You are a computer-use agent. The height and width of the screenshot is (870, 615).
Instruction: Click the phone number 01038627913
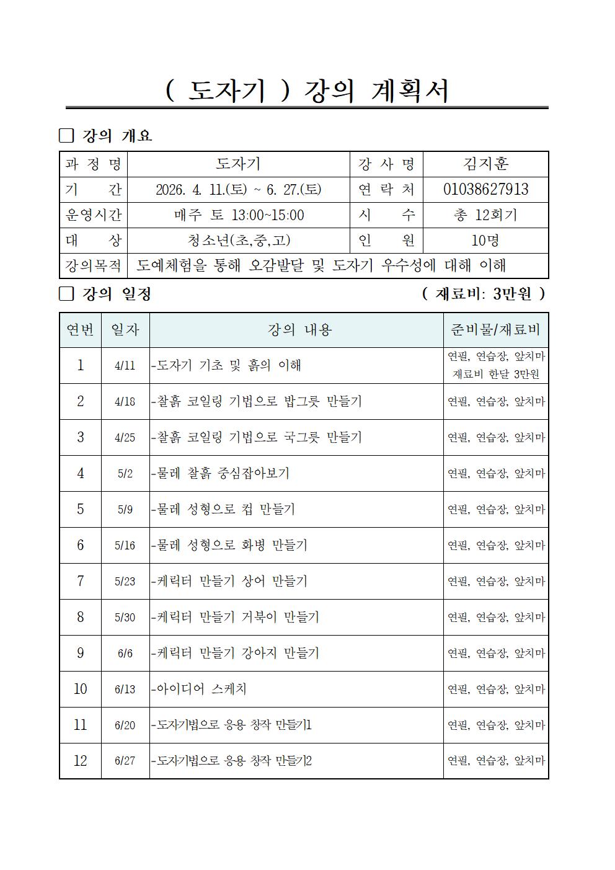(485, 189)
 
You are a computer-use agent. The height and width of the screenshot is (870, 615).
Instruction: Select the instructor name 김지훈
(485, 164)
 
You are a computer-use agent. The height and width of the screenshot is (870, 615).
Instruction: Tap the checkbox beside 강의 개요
(66, 136)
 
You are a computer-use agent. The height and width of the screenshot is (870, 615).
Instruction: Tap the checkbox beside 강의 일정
(66, 293)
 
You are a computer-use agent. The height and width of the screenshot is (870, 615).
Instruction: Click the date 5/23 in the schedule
(125, 582)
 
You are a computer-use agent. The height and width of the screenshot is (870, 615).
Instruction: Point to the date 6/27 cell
(125, 761)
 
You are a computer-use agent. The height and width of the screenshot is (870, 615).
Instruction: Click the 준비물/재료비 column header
(495, 330)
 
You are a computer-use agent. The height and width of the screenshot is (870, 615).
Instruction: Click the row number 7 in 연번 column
(80, 581)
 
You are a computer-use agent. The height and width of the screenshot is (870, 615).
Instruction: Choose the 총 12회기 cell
(485, 215)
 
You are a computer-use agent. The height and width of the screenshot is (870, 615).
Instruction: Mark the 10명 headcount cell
(485, 240)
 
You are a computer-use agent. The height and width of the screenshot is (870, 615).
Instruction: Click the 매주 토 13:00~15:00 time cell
(239, 215)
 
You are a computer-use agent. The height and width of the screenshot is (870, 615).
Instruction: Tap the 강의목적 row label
(94, 265)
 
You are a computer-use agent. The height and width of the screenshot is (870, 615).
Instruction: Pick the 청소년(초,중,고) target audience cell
(239, 240)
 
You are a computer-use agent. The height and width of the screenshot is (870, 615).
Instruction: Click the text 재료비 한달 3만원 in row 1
(495, 374)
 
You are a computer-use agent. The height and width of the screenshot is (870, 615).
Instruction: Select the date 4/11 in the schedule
(125, 365)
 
